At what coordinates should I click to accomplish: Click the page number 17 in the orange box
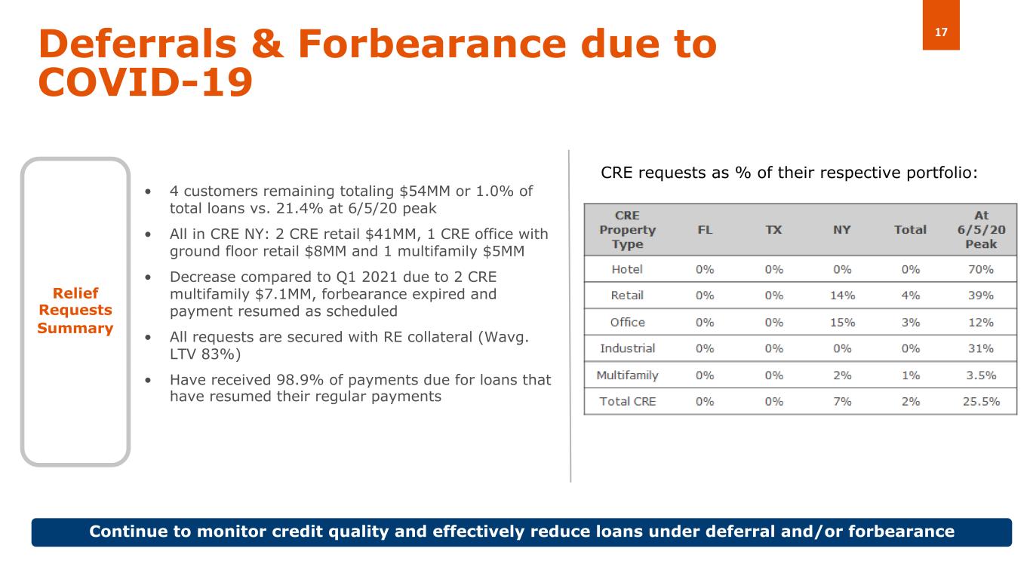pyautogui.click(x=941, y=32)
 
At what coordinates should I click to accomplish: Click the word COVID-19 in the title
pyautogui.click(x=146, y=82)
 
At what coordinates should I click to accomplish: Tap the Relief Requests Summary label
pyautogui.click(x=75, y=311)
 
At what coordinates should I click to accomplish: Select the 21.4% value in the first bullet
pyautogui.click(x=300, y=208)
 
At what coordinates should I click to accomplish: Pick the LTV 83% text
pyautogui.click(x=205, y=354)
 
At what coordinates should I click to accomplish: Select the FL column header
pyautogui.click(x=705, y=230)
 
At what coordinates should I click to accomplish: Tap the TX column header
pyautogui.click(x=773, y=230)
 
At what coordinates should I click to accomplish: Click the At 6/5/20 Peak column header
pyautogui.click(x=981, y=230)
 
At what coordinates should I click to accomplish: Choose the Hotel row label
pyautogui.click(x=627, y=269)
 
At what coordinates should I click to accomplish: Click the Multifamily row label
pyautogui.click(x=627, y=375)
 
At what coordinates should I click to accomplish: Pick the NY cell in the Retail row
pyautogui.click(x=842, y=296)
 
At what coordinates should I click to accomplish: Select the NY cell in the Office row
pyautogui.click(x=842, y=323)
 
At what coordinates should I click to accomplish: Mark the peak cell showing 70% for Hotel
pyautogui.click(x=981, y=269)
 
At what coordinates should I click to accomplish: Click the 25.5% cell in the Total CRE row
pyautogui.click(x=981, y=402)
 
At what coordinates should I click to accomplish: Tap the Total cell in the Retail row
pyautogui.click(x=911, y=296)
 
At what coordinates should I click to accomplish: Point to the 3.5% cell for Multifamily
pyautogui.click(x=981, y=375)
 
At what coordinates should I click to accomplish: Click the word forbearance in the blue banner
pyautogui.click(x=901, y=532)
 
